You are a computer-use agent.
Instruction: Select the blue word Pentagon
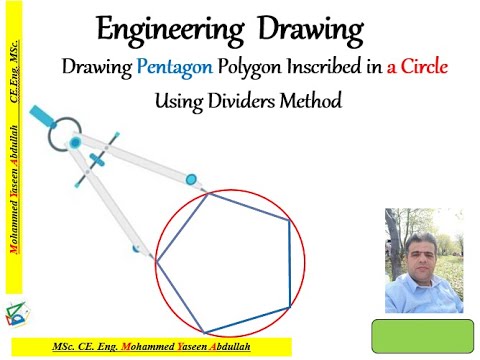175,69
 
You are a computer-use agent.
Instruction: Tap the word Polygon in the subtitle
256,69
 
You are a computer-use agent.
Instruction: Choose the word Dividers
249,101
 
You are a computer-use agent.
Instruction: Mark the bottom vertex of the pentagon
206,332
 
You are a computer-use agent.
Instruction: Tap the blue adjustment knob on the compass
98,160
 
